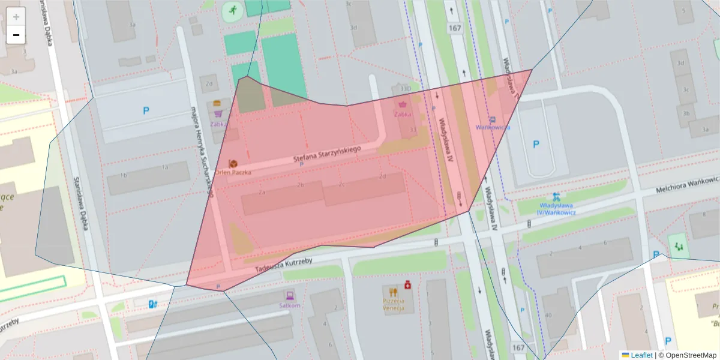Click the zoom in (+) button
coord(16,17)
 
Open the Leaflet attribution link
coord(641,355)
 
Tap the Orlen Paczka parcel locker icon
coord(232,163)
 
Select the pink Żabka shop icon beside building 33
coord(402,104)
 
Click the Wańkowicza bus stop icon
coord(493,119)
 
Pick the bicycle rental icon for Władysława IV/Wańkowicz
coord(557,196)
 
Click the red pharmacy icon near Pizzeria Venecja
coord(407,283)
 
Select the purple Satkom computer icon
coord(289,295)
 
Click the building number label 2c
coord(341,184)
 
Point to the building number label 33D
coord(406,89)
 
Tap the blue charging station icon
coord(154,304)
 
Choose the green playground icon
coord(679,245)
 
